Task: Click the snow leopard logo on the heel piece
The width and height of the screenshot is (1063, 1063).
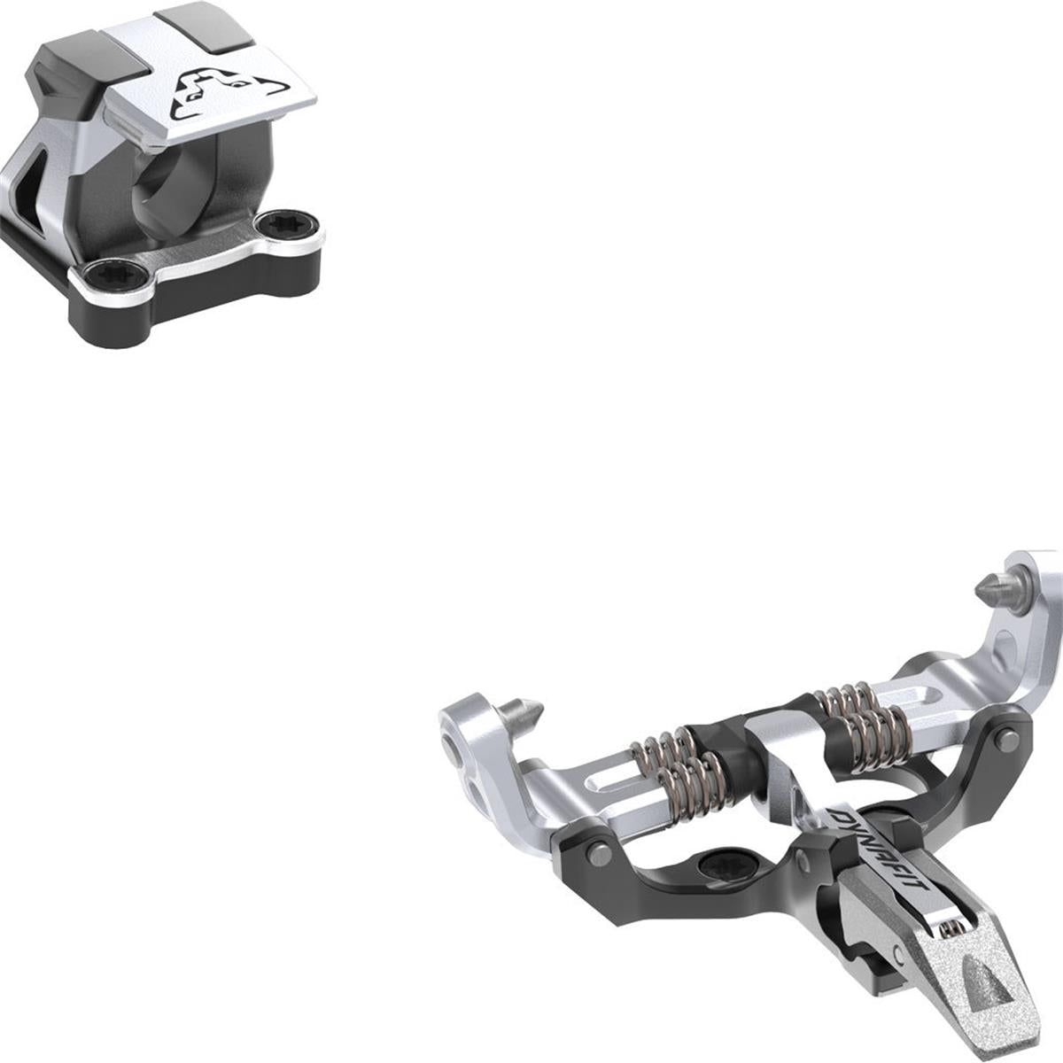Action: (228, 94)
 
